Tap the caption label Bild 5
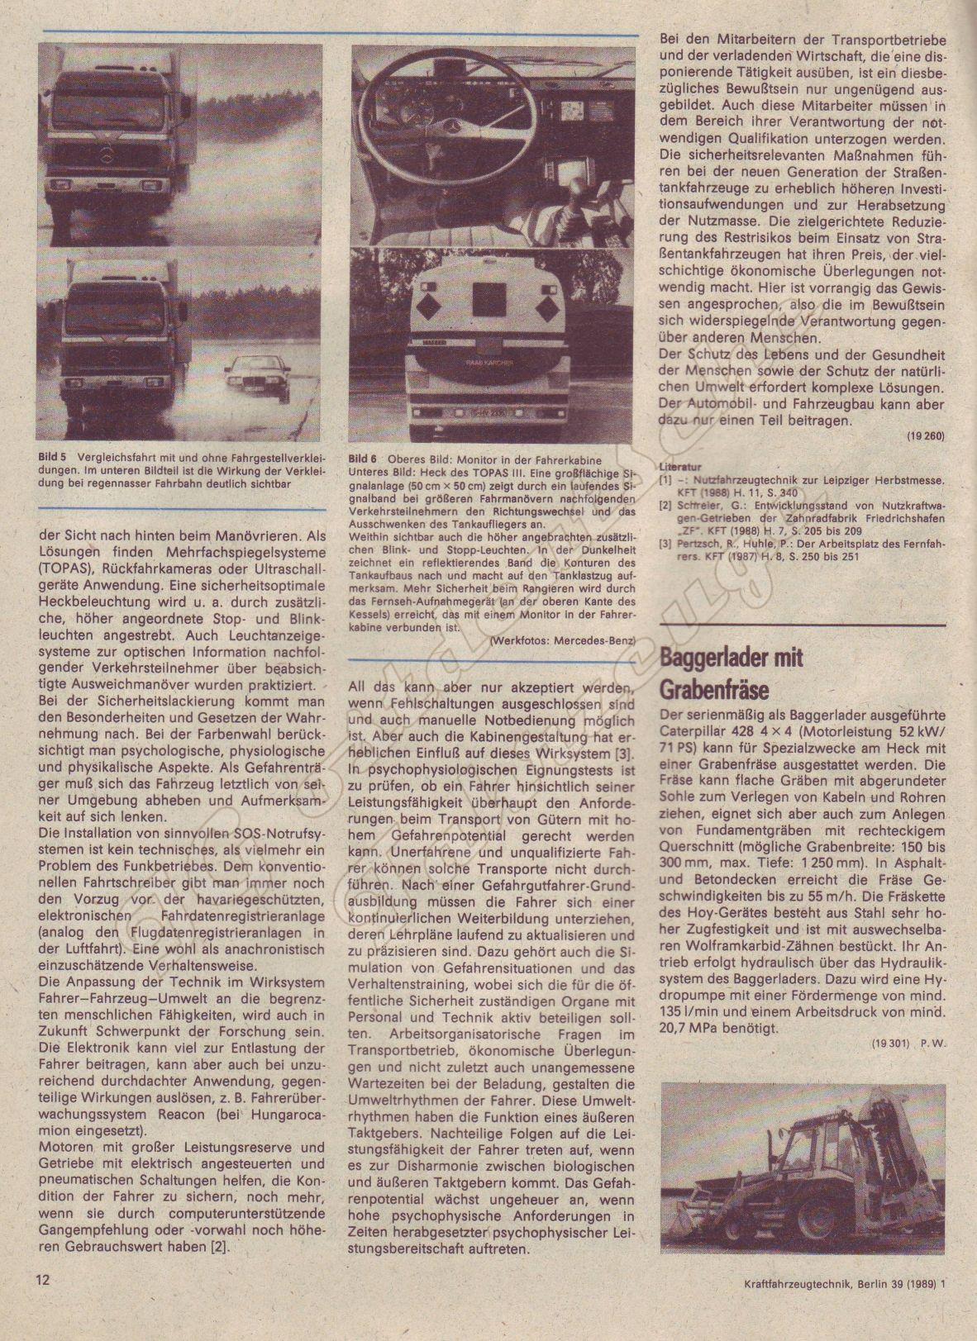coord(53,457)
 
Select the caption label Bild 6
coord(364,459)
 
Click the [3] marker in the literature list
coord(665,544)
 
